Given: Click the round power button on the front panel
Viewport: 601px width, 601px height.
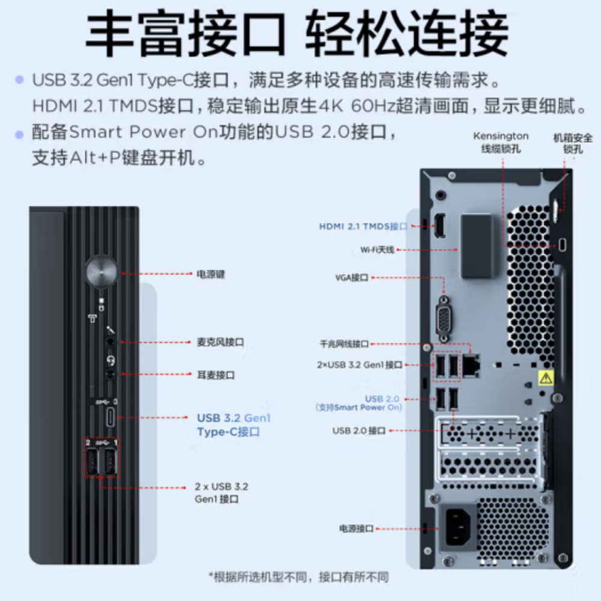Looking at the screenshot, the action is pos(102,271).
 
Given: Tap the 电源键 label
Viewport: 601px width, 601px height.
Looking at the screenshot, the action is pos(210,274).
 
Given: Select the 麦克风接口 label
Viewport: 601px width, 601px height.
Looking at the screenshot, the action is pos(219,342).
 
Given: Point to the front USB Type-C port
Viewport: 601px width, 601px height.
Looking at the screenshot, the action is pos(111,416).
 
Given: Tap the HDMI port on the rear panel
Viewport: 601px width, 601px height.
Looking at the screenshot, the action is pos(440,225).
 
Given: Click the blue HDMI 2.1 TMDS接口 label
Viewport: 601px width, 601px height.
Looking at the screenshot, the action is pos(362,227).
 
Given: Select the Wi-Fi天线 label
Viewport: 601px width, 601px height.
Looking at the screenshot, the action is pos(377,249).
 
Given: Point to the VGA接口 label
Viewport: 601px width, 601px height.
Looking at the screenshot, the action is pos(352,278).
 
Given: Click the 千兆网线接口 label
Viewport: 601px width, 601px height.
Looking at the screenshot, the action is pos(344,344).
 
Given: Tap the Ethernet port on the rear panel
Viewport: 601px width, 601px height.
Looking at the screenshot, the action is pos(471,362).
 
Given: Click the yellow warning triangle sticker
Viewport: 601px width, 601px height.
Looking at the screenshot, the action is pos(545,378).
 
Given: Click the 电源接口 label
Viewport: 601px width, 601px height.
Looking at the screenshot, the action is pos(356,528).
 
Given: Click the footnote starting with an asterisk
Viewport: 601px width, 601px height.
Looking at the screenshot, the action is pos(298,577).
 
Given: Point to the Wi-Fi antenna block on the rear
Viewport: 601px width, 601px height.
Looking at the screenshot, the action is pos(477,247).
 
